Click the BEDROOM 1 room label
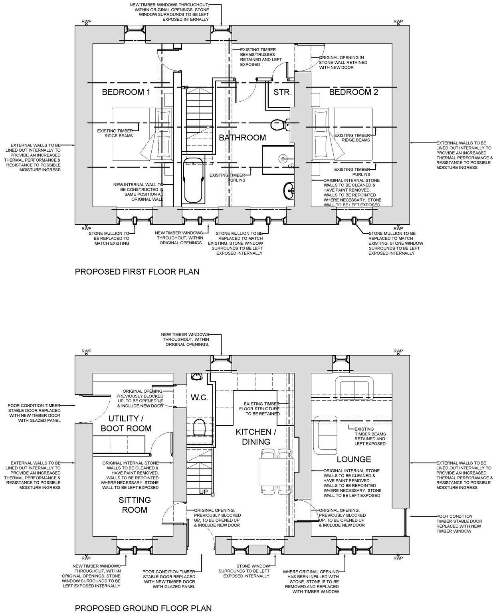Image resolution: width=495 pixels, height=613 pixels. click(x=126, y=92)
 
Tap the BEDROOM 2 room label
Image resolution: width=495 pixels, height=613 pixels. click(x=353, y=92)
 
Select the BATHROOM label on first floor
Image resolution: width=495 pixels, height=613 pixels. click(x=242, y=138)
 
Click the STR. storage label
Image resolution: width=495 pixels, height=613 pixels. click(x=283, y=92)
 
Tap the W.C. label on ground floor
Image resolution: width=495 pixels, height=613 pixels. click(x=198, y=398)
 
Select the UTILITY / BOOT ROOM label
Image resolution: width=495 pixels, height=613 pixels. click(x=126, y=423)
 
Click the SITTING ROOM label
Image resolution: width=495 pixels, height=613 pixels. click(x=135, y=505)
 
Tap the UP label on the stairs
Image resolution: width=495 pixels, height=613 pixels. click(x=204, y=492)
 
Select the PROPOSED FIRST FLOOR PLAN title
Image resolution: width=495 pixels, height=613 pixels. click(x=137, y=272)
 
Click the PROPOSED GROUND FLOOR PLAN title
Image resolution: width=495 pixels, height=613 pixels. click(x=143, y=608)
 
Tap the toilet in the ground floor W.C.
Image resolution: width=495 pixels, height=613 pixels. click(x=198, y=427)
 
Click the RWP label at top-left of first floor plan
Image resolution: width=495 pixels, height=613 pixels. click(x=86, y=22)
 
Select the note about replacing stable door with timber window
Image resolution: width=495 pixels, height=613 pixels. click(x=459, y=524)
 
